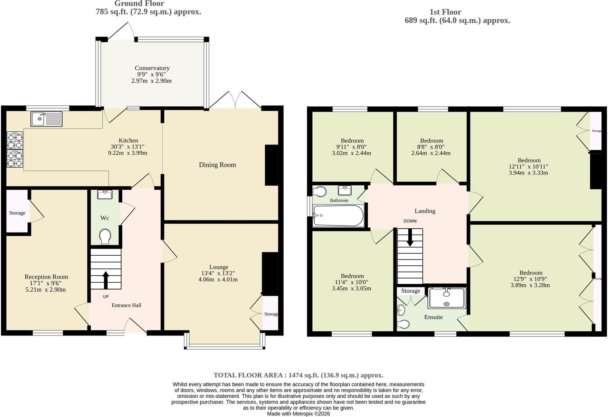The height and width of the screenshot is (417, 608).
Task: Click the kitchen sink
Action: pos(46,119)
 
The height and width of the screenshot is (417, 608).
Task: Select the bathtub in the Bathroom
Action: pos(338,216)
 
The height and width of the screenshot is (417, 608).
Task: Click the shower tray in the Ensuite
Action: pos(447,298)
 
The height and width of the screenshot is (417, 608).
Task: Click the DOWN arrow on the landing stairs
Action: pos(410,237)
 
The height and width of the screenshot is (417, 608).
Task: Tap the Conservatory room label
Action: pos(152,68)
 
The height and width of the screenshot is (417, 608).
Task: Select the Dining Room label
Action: pos(217,165)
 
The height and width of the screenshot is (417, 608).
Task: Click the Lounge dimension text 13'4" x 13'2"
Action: pos(218,273)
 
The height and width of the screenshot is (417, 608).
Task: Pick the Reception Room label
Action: pos(46,277)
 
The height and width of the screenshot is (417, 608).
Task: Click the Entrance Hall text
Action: pos(126,305)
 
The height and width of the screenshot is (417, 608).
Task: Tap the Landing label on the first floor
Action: pos(425,211)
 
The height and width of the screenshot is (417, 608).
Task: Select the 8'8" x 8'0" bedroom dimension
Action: pos(431,147)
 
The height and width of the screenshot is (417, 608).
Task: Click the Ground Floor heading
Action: pos(139,4)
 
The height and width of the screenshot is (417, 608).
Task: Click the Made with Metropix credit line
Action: pos(298,414)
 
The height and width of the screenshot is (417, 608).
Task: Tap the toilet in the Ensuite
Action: pos(403,324)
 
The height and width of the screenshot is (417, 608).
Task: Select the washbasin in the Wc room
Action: pos(105,195)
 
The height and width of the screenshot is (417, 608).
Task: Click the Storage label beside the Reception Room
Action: pos(17,213)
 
